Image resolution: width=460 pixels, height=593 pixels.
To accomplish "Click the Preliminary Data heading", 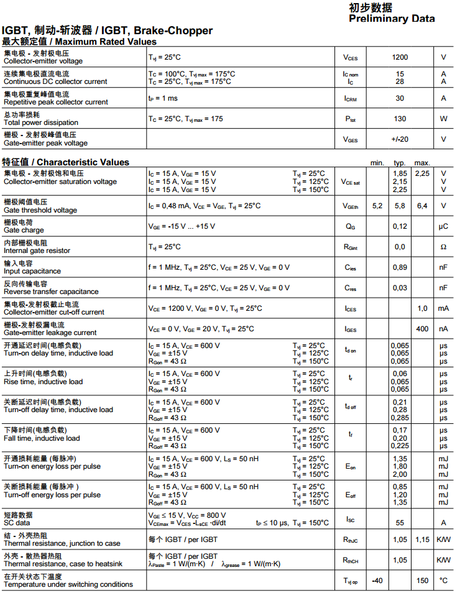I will (392, 19).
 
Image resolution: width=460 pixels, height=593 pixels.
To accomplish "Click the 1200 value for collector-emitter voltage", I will (400, 57).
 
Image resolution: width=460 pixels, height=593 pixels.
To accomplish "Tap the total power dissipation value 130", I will (400, 119).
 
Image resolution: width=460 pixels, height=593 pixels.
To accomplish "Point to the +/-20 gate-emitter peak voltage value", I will (400, 139).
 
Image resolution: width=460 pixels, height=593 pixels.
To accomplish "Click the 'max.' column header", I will (422, 162).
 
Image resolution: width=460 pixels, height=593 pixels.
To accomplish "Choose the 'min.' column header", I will (377, 162).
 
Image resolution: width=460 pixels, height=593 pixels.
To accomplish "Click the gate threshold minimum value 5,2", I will (377, 206).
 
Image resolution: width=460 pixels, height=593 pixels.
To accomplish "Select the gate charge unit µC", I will (443, 226).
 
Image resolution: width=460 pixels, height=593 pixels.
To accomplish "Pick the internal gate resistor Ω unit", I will (443, 247).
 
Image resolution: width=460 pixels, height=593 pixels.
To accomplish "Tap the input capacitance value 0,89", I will (400, 267).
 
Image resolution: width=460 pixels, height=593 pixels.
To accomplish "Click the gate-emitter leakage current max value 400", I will (422, 329).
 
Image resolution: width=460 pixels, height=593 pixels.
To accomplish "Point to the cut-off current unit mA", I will (443, 308).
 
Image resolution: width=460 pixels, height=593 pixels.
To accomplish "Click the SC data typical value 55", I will (400, 523).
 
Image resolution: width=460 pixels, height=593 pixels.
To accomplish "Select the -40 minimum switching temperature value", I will (377, 581).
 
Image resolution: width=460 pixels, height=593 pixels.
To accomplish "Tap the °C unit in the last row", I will (443, 581).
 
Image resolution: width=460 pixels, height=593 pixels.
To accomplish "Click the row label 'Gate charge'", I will (24, 230).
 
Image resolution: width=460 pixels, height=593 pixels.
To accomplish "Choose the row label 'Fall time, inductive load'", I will (42, 438).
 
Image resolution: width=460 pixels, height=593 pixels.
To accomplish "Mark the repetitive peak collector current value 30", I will (400, 98).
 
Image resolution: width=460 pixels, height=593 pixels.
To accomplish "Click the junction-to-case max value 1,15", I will (422, 540).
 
